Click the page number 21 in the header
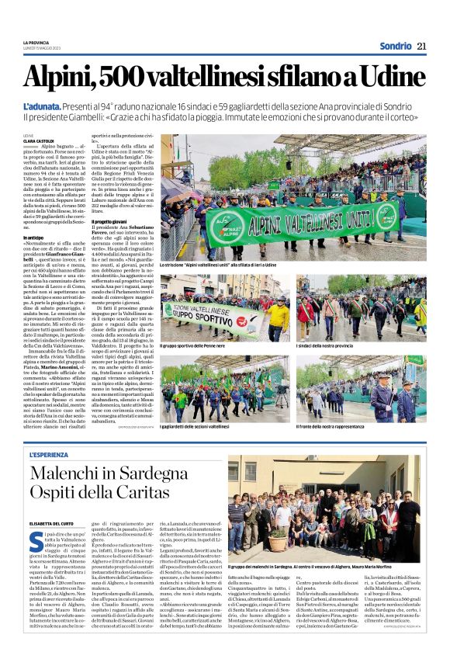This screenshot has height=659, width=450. pyautogui.click(x=422, y=46)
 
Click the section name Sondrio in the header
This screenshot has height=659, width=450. pyautogui.click(x=396, y=46)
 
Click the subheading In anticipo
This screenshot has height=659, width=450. pyautogui.click(x=34, y=238)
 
